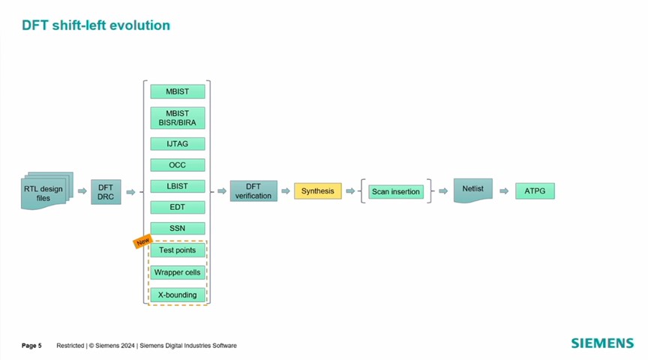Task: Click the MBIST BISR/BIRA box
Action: (177, 118)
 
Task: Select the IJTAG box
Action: (177, 144)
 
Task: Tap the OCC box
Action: (177, 165)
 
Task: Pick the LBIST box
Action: (177, 186)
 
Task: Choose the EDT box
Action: (177, 207)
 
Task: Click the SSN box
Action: (177, 228)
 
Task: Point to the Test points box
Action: (177, 250)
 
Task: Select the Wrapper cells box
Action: (177, 272)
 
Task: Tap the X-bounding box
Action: (177, 295)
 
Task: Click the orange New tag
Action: (142, 241)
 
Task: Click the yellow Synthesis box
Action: (318, 191)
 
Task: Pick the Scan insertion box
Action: (396, 191)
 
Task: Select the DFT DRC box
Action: (106, 192)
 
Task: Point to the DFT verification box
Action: (253, 191)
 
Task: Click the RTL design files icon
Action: (46, 190)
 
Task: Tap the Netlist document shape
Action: (472, 190)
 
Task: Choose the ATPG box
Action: (535, 191)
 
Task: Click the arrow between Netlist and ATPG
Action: (504, 191)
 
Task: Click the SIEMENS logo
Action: (602, 343)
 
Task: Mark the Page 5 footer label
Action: (31, 346)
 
